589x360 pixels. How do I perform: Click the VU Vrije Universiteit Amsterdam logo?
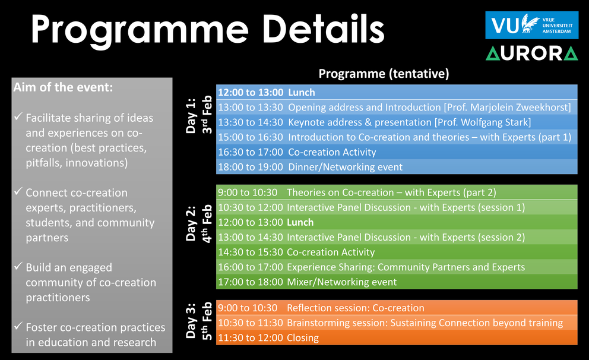point(531,25)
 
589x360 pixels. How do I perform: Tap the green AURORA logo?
point(531,53)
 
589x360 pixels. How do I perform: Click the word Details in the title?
point(324,29)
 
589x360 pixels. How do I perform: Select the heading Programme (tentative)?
point(384,74)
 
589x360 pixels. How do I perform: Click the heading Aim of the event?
point(63,87)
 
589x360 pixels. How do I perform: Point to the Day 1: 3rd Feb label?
point(199,115)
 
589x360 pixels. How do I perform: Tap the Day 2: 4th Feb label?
point(199,223)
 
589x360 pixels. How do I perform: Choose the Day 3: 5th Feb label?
point(199,321)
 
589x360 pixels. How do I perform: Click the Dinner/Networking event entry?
point(345,167)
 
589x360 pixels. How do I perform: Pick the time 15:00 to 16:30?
point(251,137)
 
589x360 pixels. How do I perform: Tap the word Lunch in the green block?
point(300,222)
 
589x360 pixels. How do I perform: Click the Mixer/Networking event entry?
point(342,282)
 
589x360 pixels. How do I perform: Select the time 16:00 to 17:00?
point(251,267)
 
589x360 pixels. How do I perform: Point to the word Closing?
point(303,338)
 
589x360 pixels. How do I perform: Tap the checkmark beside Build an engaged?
point(18,266)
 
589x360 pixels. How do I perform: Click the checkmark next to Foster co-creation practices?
point(18,326)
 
